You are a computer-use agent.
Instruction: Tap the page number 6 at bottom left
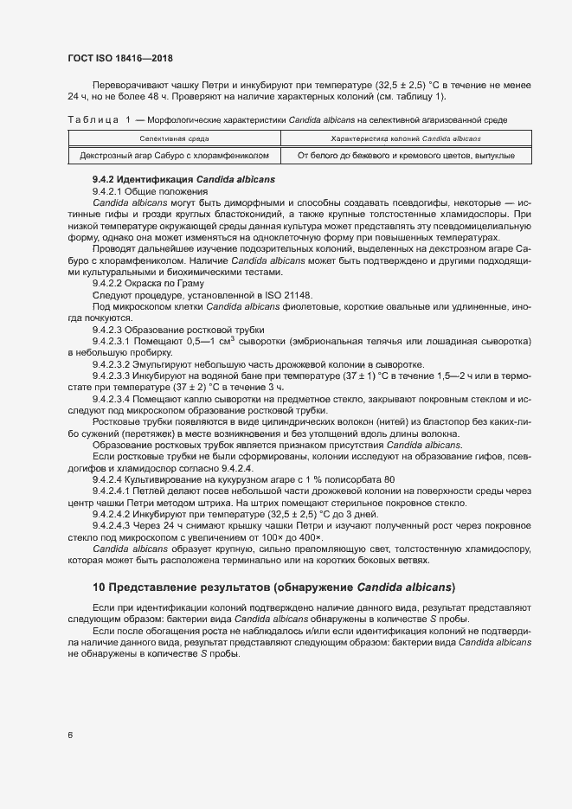coord(69,735)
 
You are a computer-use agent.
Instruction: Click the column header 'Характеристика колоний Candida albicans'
coord(406,138)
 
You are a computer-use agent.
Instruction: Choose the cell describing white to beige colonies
coord(406,155)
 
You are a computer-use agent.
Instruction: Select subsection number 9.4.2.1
coord(107,189)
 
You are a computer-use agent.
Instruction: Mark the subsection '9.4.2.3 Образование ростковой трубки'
coord(172,330)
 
